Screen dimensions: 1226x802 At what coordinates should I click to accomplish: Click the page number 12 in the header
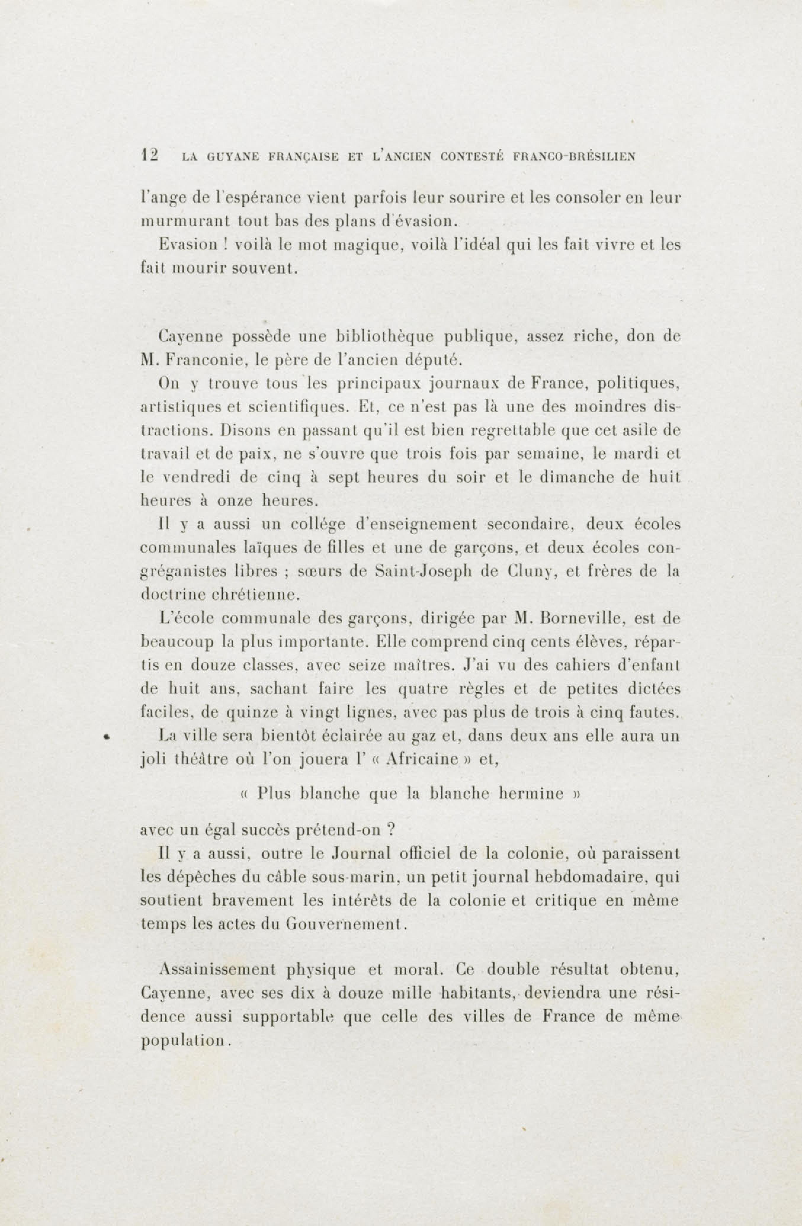point(149,155)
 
